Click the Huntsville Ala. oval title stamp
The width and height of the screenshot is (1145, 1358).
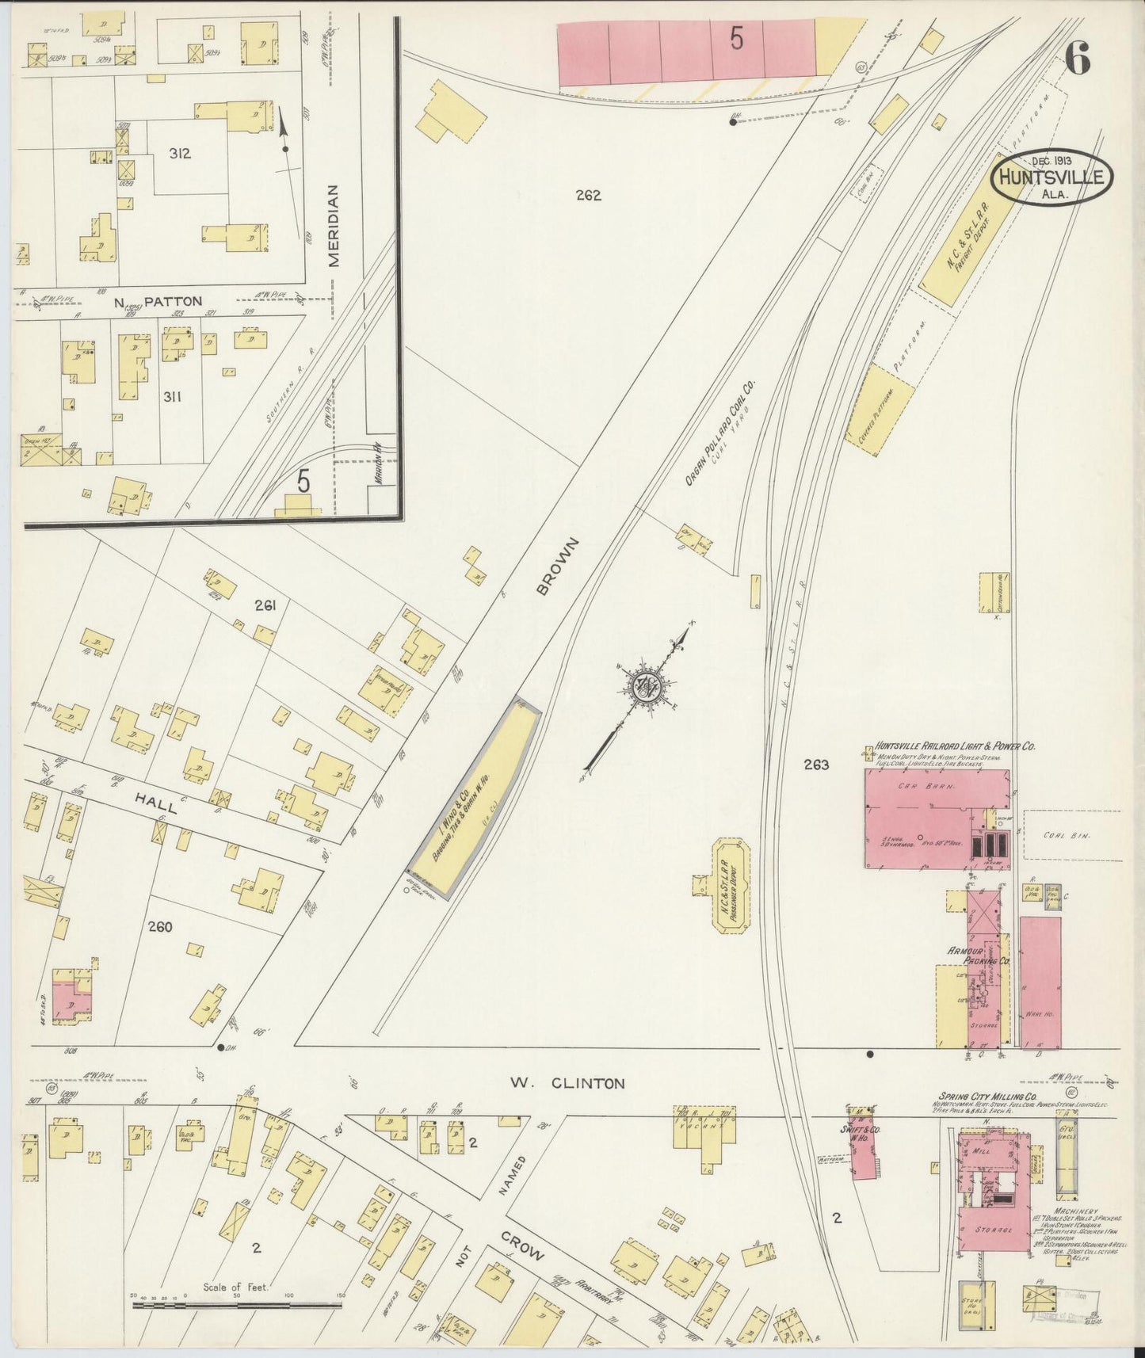click(1051, 177)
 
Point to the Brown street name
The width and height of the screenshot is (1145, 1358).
click(558, 566)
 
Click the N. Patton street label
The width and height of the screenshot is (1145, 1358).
click(158, 302)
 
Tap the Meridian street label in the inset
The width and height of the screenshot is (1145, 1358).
click(333, 226)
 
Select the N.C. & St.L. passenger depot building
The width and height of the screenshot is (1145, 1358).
click(733, 884)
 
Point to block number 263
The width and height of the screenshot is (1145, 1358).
click(815, 765)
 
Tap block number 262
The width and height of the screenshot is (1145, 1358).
click(589, 195)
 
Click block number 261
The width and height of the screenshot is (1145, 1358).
click(265, 606)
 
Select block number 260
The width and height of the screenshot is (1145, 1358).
click(159, 926)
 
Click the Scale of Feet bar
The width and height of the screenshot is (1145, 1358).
click(236, 1303)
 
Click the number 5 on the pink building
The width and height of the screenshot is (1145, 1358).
click(736, 39)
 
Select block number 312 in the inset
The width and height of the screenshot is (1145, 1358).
click(179, 154)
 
